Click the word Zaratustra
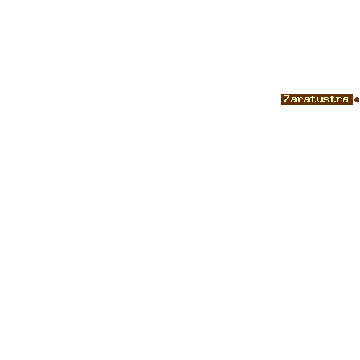[x=316, y=99]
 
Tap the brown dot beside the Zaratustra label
[x=356, y=99]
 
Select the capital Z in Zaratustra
[x=287, y=99]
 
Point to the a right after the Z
[x=294, y=100]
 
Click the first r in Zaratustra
[x=300, y=100]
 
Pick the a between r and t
[x=306, y=100]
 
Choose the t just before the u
[x=312, y=99]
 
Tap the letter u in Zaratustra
[x=318, y=100]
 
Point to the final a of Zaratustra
[x=346, y=100]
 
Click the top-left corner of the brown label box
[x=281, y=94]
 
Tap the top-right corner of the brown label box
[x=353, y=94]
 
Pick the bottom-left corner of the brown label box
[x=281, y=105]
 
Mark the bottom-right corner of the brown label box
[x=353, y=105]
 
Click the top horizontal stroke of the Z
[x=287, y=96]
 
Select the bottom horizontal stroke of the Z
[x=287, y=102]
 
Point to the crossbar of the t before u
[x=312, y=97]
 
